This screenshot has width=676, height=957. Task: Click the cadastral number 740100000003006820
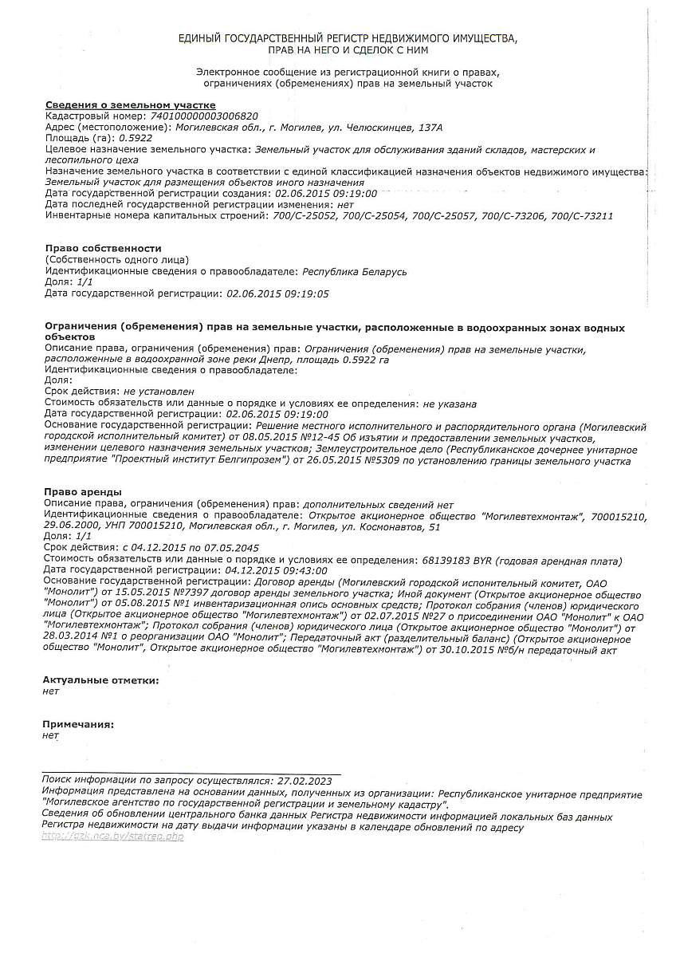tap(204, 116)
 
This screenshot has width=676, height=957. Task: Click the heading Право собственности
tap(103, 249)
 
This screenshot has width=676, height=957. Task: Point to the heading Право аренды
tap(84, 492)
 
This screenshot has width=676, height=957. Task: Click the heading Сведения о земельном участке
tap(130, 105)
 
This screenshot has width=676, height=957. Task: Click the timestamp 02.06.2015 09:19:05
tap(277, 294)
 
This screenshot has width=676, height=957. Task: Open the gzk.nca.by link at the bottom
tap(112, 836)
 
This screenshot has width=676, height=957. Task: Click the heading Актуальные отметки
tap(100, 680)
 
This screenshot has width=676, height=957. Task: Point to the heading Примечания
tap(78, 725)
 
